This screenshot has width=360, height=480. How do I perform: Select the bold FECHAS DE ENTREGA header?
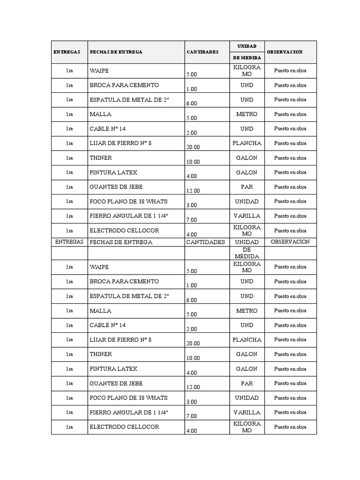(116, 52)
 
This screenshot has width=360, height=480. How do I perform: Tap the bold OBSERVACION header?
(285, 52)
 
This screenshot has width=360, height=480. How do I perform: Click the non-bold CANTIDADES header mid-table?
(205, 242)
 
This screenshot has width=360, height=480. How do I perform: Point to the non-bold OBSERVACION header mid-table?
(290, 242)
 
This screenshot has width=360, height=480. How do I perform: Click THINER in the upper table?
(101, 158)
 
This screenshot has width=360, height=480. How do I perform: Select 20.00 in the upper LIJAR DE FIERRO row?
(193, 147)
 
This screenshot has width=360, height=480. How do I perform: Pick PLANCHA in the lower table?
(247, 340)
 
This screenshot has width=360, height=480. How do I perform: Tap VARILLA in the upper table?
(247, 216)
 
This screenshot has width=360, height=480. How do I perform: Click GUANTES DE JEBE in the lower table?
(116, 383)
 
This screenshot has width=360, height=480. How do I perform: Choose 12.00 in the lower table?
(193, 387)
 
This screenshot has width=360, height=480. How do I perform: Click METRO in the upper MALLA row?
(247, 114)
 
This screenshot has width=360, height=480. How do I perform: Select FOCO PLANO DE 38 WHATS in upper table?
(128, 202)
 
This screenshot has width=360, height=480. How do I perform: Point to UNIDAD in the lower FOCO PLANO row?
(247, 398)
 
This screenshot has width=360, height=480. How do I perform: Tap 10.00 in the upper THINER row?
(193, 162)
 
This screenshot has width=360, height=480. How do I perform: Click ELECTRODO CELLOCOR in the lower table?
(124, 427)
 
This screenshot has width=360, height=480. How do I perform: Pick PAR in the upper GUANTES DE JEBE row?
(247, 187)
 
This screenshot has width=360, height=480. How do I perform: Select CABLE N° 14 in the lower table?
(108, 325)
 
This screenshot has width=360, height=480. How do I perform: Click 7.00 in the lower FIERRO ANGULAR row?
(191, 416)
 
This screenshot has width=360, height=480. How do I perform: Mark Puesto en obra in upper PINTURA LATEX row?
(290, 172)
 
